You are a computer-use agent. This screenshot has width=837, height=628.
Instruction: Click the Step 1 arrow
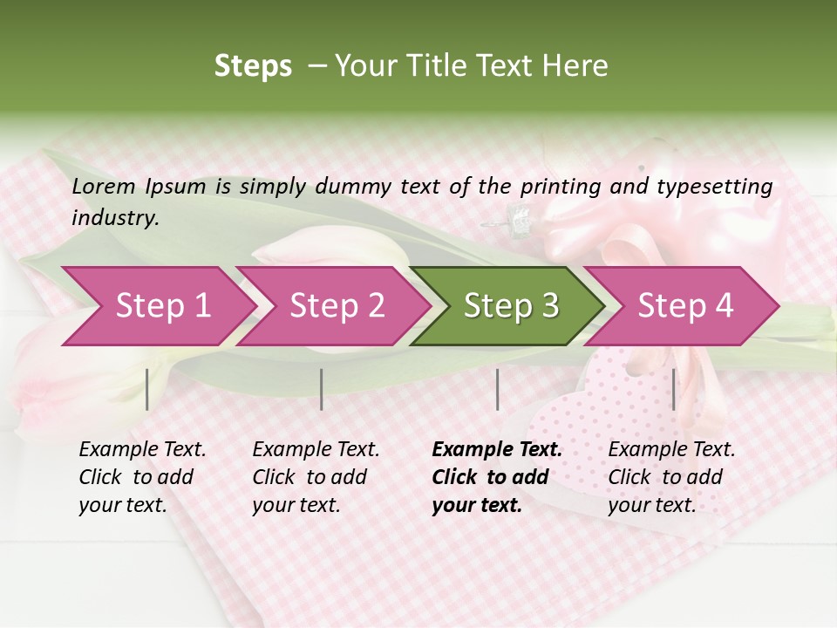157,306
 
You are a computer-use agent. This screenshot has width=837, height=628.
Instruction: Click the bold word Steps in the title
253,66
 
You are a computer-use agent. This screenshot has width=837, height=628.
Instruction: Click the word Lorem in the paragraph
103,186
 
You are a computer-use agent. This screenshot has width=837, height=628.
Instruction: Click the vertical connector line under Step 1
147,389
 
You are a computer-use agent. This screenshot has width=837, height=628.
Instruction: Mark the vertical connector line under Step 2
322,389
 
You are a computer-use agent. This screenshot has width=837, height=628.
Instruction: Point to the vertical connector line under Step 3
498,389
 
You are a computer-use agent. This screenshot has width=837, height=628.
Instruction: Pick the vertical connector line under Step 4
673,389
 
